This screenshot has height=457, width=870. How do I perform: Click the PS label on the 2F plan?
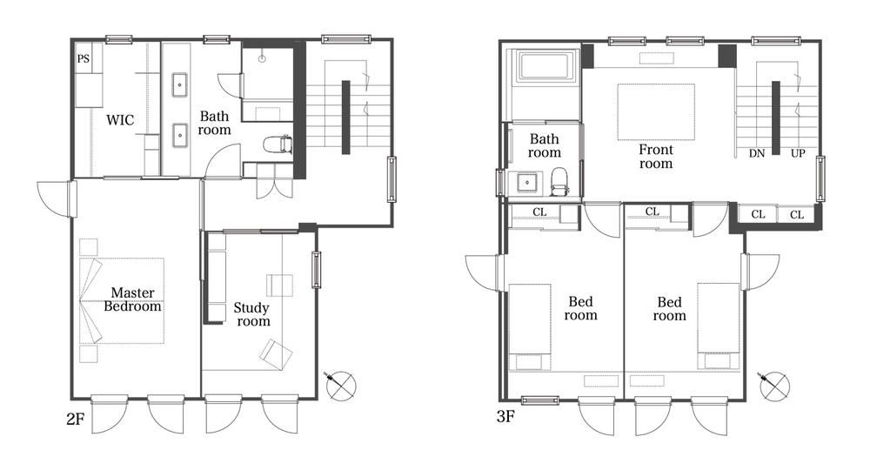point(84,58)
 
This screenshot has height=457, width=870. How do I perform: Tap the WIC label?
point(120,120)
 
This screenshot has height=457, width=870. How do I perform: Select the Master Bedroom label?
point(132,299)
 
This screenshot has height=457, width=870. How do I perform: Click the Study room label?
point(252,314)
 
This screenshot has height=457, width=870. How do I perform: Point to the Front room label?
point(656,157)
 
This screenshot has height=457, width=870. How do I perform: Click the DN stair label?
point(757,153)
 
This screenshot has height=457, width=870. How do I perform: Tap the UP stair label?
point(798,153)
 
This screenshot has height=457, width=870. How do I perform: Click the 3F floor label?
point(505,416)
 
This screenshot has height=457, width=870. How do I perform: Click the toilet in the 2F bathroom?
point(278,144)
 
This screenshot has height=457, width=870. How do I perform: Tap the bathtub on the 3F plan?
point(545,66)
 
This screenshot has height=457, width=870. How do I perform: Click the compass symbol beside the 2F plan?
point(339,386)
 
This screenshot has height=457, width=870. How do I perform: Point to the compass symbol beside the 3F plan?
point(773,386)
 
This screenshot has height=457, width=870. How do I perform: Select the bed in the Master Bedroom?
point(122,300)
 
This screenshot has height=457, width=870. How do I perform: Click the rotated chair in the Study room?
point(277,354)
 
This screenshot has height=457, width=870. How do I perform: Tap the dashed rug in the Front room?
point(656,112)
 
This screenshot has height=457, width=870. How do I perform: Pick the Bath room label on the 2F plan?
point(214,124)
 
